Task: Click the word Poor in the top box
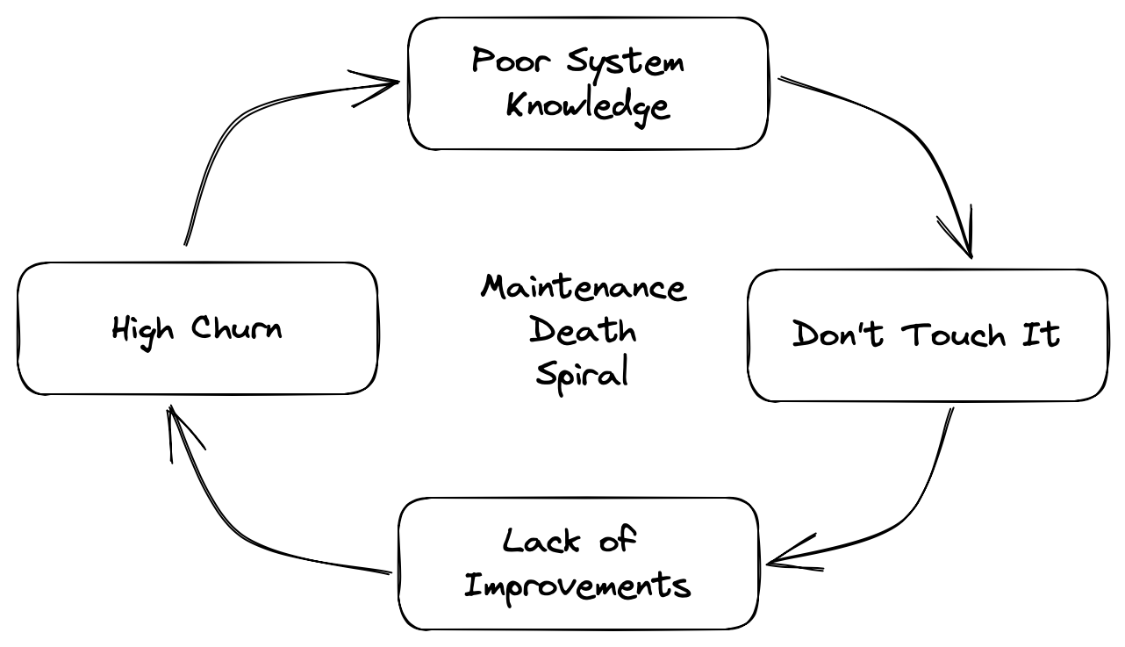511,61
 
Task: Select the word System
626,64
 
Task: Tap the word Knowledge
588,107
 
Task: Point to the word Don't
837,334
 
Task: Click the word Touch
953,334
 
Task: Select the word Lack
541,541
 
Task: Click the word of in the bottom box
619,538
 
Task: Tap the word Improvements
577,586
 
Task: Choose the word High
143,332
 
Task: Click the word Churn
236,327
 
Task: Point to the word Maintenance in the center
584,287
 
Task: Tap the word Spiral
582,374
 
